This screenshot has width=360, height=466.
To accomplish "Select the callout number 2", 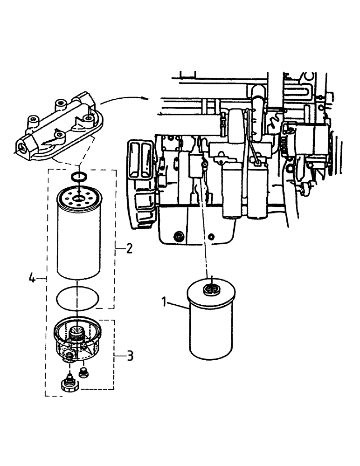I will [x=129, y=247].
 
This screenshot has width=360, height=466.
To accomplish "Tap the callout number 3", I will [x=130, y=356].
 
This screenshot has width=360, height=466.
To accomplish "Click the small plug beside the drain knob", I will [x=84, y=372].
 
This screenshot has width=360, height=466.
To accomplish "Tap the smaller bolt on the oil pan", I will [x=212, y=238].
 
